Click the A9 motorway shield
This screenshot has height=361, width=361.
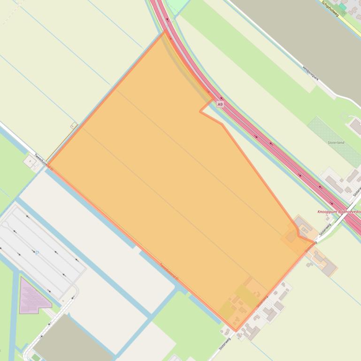(220, 104)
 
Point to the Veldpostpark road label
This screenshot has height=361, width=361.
(311, 73)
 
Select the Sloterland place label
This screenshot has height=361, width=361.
(336, 143)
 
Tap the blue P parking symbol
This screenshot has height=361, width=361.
(37, 253)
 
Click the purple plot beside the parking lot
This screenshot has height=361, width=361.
(33, 295)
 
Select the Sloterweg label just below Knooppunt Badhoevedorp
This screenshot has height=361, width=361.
(325, 229)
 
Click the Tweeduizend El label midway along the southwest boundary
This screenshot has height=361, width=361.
(169, 272)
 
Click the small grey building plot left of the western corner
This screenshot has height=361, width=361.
(30, 161)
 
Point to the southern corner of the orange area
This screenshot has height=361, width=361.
(236, 331)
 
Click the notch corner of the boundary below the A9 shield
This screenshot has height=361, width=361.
(200, 112)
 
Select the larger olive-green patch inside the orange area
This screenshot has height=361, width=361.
(246, 295)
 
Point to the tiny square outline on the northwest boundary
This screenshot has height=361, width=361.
(74, 125)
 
